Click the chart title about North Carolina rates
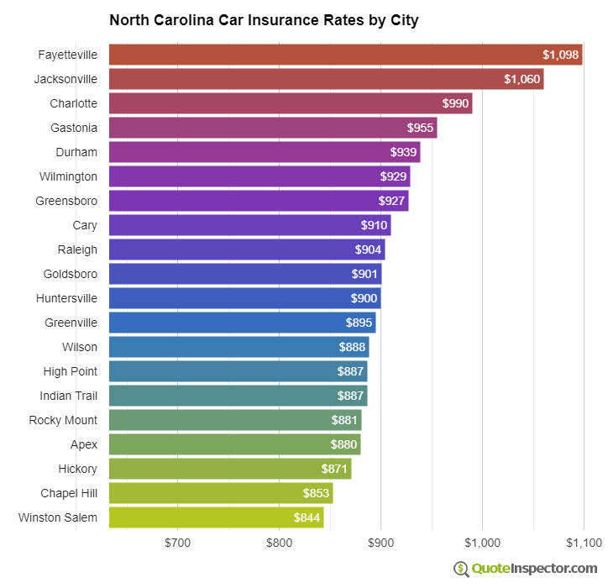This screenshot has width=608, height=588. click(x=264, y=19)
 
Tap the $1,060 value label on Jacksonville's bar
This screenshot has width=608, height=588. click(x=522, y=79)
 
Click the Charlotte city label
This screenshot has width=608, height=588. click(x=73, y=103)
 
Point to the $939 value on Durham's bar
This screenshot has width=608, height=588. click(x=403, y=152)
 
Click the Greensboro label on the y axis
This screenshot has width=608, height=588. click(x=66, y=201)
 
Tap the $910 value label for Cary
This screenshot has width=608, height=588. click(x=374, y=225)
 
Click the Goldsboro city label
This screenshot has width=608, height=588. click(x=70, y=274)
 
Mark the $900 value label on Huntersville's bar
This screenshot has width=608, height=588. click(x=364, y=298)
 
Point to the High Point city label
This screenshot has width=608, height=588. click(x=70, y=371)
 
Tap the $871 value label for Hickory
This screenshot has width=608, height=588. click(x=334, y=469)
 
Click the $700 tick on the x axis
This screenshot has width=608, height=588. click(x=177, y=543)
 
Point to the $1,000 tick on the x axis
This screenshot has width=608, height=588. click(x=482, y=543)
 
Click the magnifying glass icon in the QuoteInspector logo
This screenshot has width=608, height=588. click(x=461, y=569)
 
